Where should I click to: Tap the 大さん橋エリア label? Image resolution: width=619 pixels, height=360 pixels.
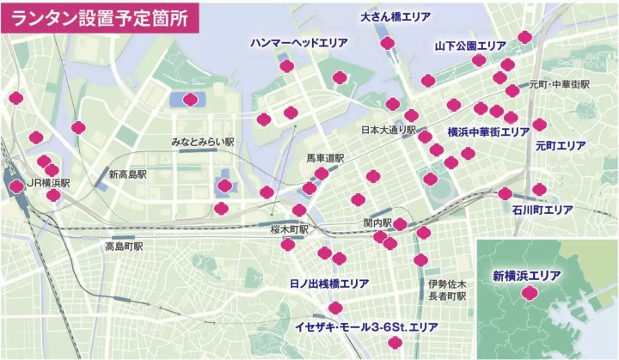click(395, 16)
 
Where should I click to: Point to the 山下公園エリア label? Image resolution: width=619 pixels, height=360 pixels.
click(470, 46)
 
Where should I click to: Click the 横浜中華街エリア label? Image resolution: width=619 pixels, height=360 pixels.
click(487, 132)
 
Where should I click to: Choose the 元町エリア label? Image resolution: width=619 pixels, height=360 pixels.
click(560, 146)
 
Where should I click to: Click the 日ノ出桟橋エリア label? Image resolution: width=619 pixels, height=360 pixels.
click(329, 283)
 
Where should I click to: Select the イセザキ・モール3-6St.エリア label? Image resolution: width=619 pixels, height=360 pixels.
click(366, 327)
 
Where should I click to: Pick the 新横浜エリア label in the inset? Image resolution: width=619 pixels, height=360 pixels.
click(526, 276)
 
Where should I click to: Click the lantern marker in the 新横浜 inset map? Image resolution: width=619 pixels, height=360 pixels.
click(530, 293)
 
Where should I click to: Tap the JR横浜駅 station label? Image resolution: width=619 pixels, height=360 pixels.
click(48, 182)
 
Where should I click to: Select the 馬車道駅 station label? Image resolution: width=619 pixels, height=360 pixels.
click(325, 159)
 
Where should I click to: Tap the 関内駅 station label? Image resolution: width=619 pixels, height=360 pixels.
click(377, 223)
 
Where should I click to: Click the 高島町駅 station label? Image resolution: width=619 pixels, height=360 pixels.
click(124, 247)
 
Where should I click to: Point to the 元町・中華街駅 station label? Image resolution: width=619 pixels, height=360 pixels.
click(560, 85)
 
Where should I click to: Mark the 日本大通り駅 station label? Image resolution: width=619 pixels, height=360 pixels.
click(388, 131)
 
